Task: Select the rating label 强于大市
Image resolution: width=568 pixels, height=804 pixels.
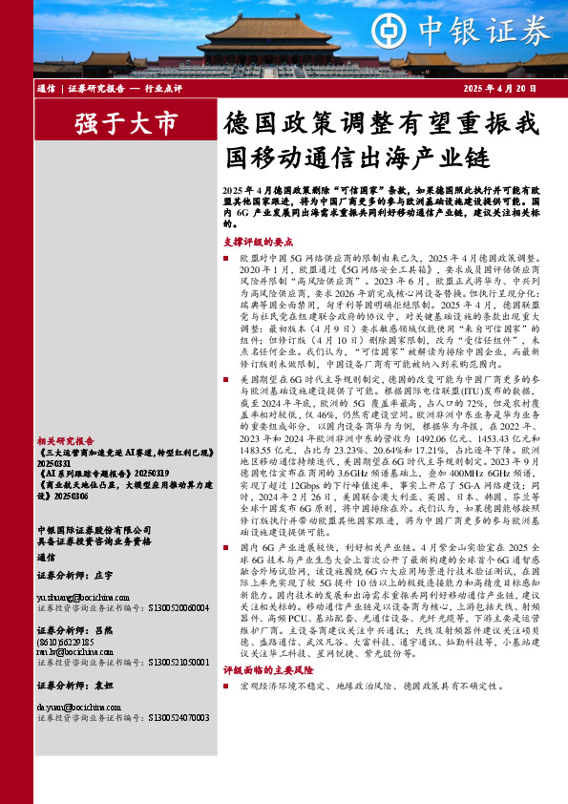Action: (x=124, y=123)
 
